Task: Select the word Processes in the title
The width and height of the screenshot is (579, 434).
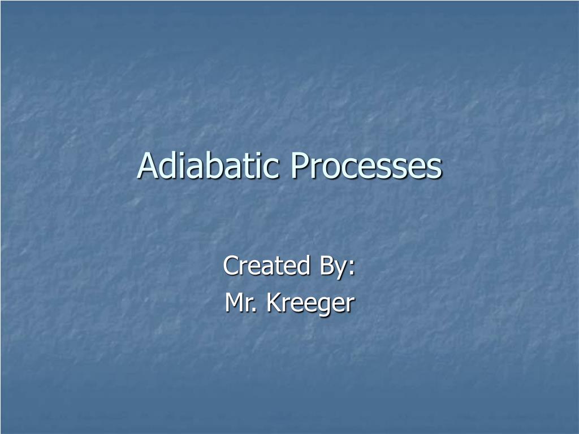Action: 366,166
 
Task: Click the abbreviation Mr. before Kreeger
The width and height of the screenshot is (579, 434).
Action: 241,303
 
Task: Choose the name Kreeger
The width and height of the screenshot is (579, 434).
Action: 310,304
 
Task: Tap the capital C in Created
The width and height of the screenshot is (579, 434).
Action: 230,266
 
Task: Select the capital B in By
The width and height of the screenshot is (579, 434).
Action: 325,266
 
